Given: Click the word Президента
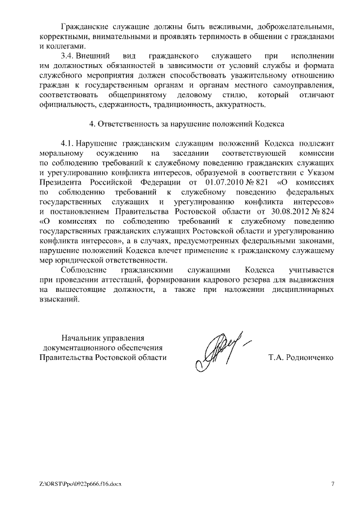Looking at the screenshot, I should (x=61, y=183).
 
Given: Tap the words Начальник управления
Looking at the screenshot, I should (x=103, y=337).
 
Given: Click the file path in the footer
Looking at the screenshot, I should (x=81, y=483).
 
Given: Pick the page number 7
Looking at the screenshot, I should (x=332, y=483).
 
